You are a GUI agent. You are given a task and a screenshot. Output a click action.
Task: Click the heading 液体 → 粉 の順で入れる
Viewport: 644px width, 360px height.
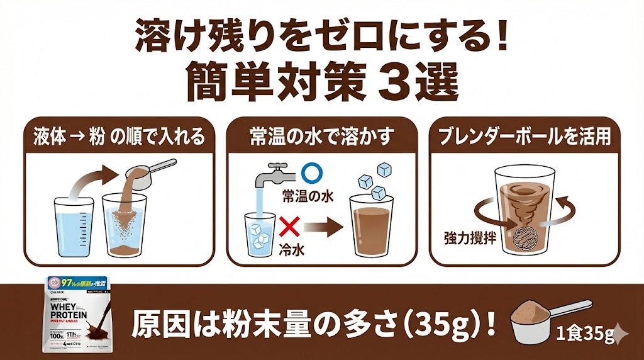point(119,137)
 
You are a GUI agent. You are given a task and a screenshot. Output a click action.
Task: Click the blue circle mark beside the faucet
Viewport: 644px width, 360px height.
point(309,172)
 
